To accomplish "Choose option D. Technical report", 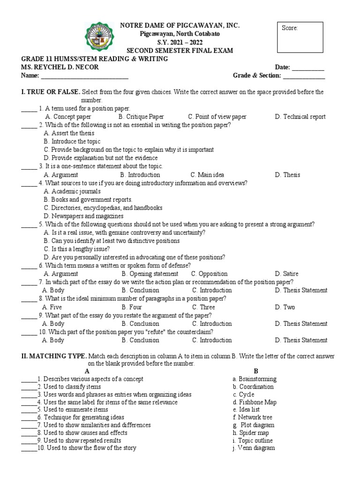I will (300, 117).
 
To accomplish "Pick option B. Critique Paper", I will (141, 117).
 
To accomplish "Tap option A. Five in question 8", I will (52, 307).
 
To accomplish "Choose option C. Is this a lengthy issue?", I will (77, 249).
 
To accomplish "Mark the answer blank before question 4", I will (29, 183).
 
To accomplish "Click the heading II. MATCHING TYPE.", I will (54, 356).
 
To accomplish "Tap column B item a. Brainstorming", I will (255, 379).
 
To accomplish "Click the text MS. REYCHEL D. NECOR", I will (60, 67).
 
